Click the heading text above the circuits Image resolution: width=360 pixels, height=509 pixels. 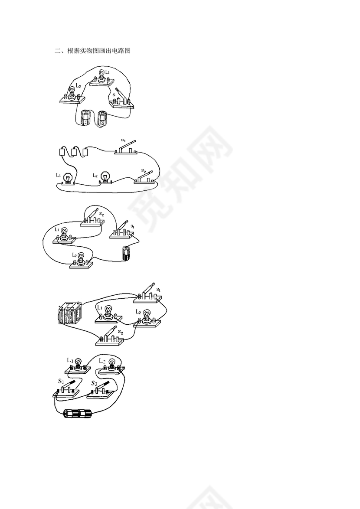pos(92,51)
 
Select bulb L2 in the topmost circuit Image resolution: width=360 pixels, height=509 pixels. pos(72,95)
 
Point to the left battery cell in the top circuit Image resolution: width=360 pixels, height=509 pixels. pos(85,117)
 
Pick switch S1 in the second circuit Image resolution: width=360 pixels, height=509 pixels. pos(126,148)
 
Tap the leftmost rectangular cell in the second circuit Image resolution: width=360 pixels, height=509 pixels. pos(62,152)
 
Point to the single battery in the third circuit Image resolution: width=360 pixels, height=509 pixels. pos(126,253)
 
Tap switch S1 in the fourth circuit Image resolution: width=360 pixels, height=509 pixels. pos(149,294)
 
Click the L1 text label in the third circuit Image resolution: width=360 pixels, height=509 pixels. pos(57,229)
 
